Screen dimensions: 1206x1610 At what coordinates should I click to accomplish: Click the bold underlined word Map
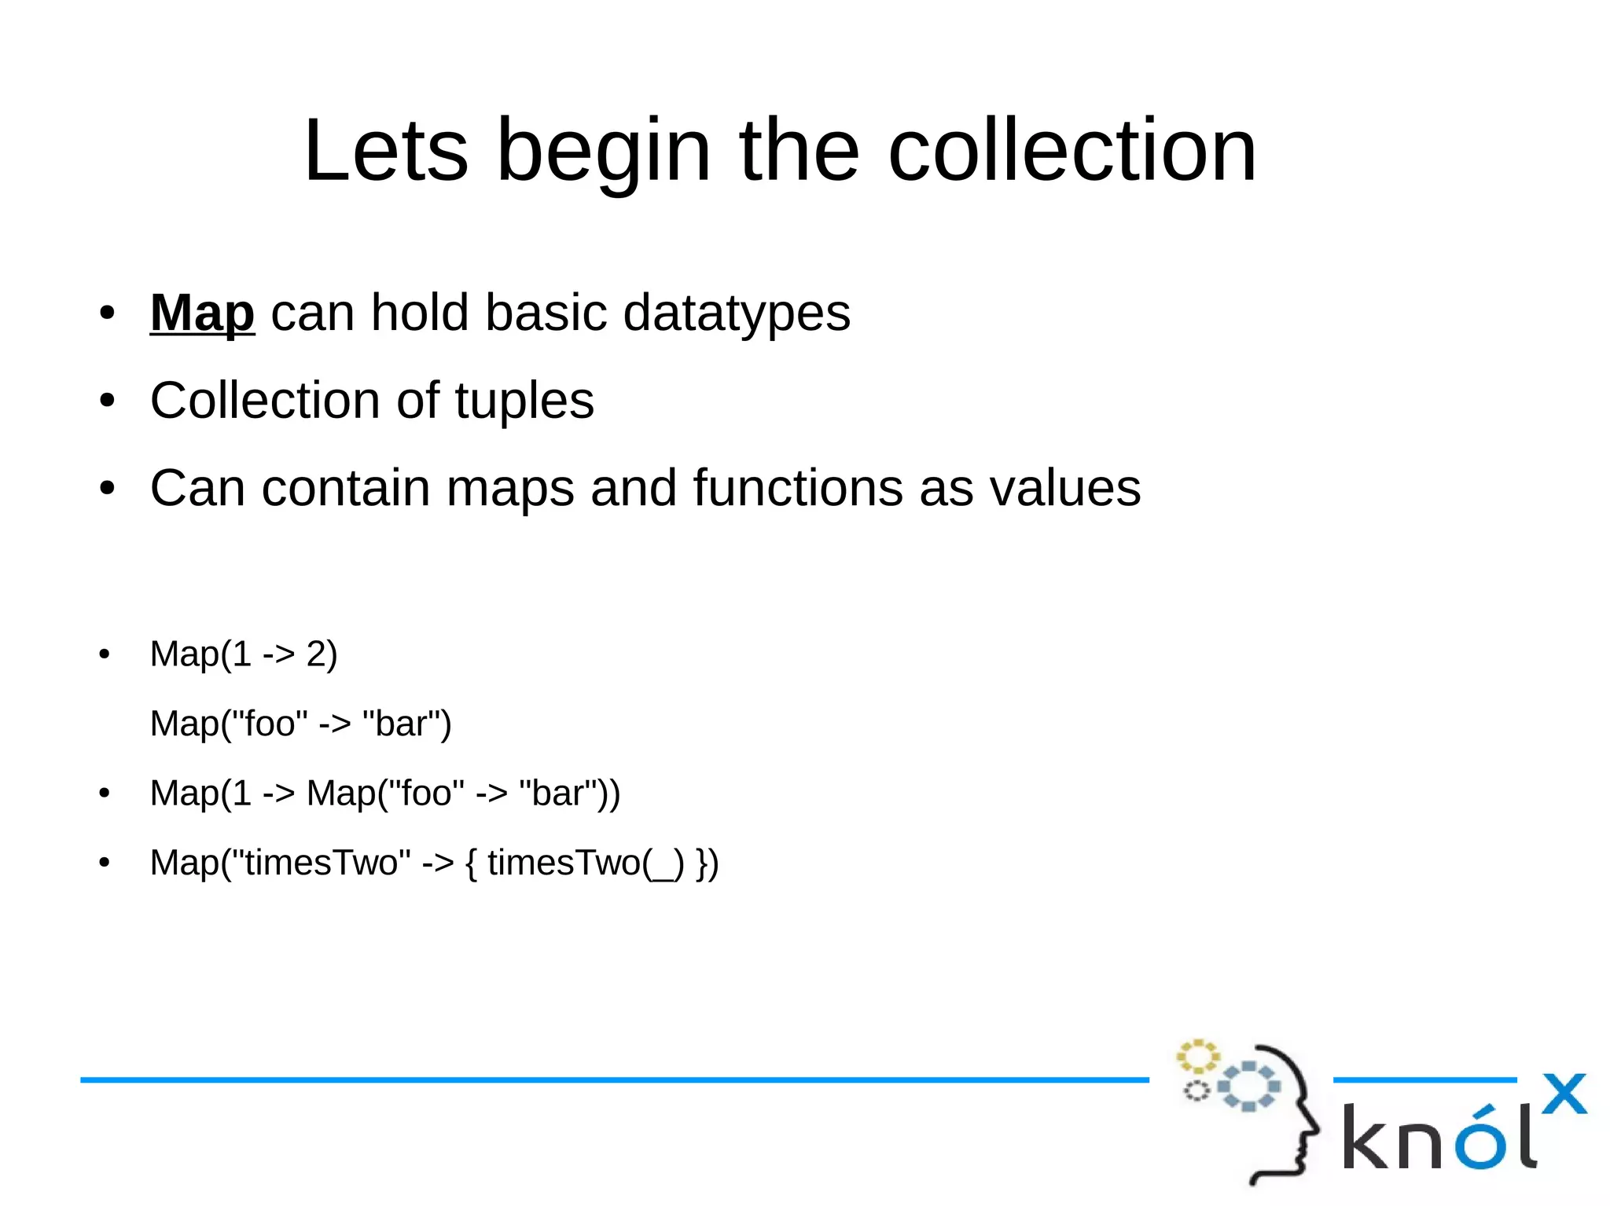[202, 313]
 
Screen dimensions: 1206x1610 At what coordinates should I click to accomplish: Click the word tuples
[524, 401]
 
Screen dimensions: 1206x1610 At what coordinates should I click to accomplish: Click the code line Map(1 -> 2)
[244, 654]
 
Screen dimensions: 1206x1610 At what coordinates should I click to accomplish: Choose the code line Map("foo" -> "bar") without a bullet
[300, 723]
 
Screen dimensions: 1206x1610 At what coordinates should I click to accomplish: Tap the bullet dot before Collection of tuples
[107, 401]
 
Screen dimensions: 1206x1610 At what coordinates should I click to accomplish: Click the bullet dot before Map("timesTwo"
[105, 863]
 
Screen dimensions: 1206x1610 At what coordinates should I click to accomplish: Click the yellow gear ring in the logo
[1197, 1057]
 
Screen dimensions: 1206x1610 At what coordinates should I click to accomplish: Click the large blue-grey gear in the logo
[1248, 1086]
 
